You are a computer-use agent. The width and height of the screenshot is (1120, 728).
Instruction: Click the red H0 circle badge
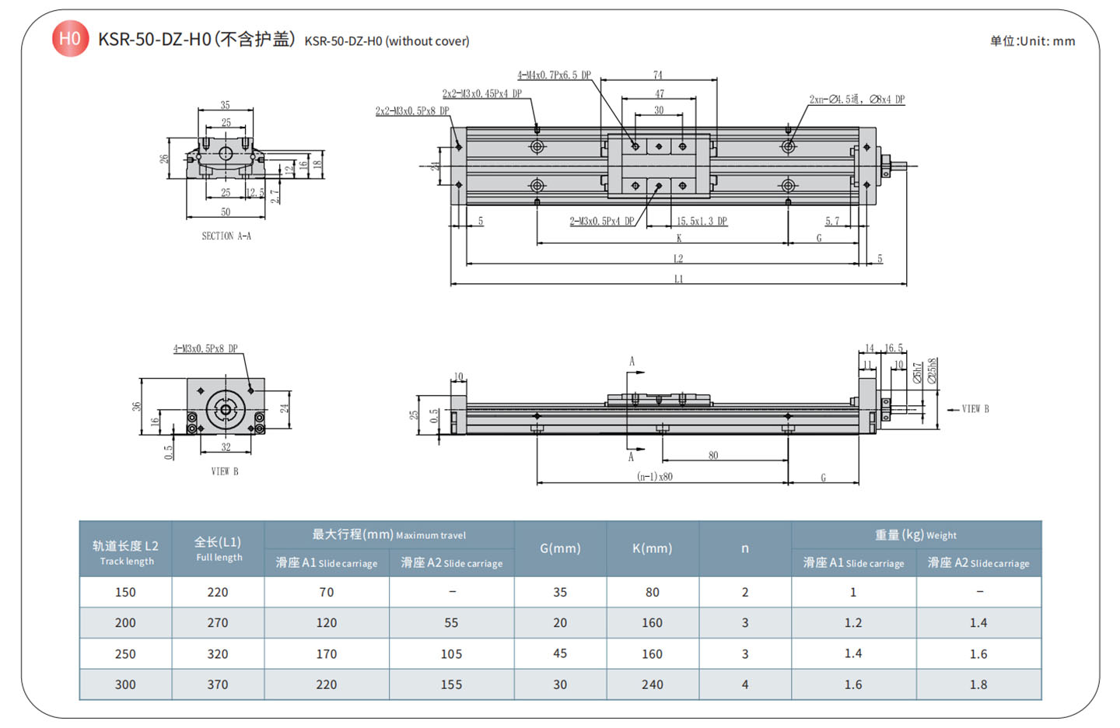click(70, 38)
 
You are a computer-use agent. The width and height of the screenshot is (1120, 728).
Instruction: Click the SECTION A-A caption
click(226, 236)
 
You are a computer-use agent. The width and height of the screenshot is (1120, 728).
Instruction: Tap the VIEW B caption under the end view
click(225, 471)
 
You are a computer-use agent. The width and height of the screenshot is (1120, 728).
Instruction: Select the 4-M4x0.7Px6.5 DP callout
click(554, 75)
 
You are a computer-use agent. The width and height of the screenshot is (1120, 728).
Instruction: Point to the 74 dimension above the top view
click(658, 75)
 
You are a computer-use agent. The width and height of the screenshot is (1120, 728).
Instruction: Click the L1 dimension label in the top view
click(678, 278)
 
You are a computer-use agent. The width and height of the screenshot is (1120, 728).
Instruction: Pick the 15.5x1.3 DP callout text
click(702, 222)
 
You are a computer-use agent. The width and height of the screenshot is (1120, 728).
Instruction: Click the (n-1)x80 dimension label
click(655, 477)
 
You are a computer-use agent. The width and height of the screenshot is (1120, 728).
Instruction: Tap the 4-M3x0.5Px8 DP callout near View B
click(205, 348)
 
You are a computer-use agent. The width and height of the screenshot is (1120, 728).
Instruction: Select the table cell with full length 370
click(218, 684)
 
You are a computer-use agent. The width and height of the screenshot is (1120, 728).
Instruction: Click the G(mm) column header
click(560, 548)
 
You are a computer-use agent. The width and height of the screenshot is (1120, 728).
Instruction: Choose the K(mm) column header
click(652, 548)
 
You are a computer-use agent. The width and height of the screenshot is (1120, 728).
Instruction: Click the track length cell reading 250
click(125, 654)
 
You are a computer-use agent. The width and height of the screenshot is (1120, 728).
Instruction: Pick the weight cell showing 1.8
click(978, 684)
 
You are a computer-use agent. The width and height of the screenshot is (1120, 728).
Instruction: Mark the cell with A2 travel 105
click(451, 654)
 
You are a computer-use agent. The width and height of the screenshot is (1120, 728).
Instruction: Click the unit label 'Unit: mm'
click(1032, 41)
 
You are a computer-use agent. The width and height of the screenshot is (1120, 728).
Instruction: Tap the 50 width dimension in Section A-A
click(226, 212)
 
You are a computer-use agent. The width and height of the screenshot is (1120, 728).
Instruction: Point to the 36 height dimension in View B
click(137, 406)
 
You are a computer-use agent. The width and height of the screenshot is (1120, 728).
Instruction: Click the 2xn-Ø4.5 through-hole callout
click(856, 100)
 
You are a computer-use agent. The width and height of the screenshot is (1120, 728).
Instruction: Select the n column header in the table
click(744, 548)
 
